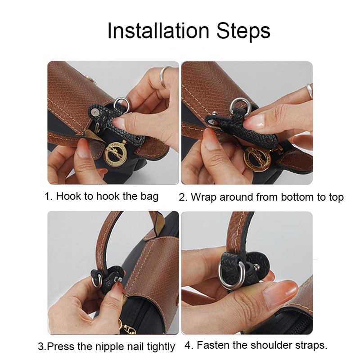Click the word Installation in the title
click(158, 31)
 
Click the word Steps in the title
click(243, 31)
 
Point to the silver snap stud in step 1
click(94, 112)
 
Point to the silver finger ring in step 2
click(309, 91)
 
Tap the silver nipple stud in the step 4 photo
click(256, 267)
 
